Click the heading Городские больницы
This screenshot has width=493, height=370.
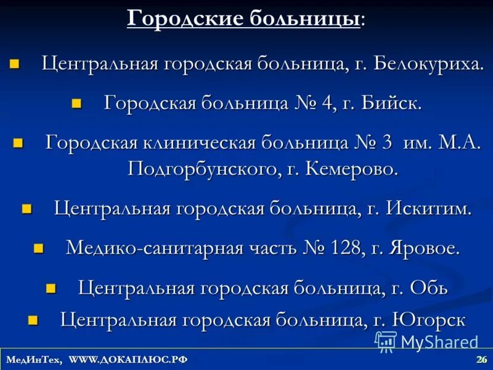pyautogui.click(x=244, y=18)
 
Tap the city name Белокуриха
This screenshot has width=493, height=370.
pyautogui.click(x=428, y=64)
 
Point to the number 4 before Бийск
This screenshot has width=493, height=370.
pyautogui.click(x=326, y=103)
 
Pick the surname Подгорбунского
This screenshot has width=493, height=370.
pyautogui.click(x=203, y=168)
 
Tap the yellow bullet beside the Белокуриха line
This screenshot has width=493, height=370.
pyautogui.click(x=15, y=64)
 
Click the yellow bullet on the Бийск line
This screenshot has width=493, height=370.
pyautogui.click(x=76, y=103)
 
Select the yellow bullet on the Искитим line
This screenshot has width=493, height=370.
pyautogui.click(x=26, y=208)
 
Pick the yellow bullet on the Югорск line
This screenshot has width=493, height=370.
pyautogui.click(x=33, y=319)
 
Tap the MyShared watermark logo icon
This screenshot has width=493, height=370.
pyautogui.click(x=386, y=341)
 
